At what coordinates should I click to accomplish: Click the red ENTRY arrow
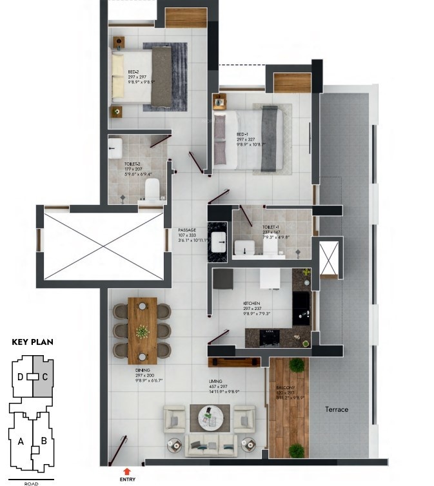tap(126, 471)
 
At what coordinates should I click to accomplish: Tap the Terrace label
tap(337, 409)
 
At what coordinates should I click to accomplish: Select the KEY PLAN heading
tap(32, 342)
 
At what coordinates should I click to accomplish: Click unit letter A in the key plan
tap(21, 442)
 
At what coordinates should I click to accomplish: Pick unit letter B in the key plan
tap(44, 442)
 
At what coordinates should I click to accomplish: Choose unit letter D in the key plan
tap(21, 376)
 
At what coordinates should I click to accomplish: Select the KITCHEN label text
tap(251, 303)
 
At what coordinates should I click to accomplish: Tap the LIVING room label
tap(215, 380)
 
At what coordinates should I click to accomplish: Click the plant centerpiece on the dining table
tap(142, 331)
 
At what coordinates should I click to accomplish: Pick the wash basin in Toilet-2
tap(115, 146)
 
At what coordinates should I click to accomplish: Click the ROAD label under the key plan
tap(31, 483)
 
